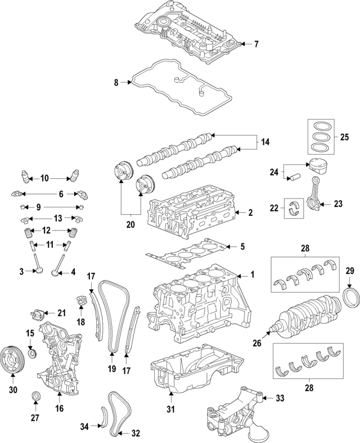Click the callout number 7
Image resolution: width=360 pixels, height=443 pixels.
click(256, 44)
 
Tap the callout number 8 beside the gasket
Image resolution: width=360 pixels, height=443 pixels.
click(116, 83)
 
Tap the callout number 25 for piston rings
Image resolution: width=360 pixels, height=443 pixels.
click(345, 137)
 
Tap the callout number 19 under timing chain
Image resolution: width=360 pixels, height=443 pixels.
click(112, 369)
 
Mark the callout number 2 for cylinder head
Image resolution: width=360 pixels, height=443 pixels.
click(251, 213)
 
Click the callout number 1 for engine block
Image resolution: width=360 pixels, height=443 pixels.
click(253, 275)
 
